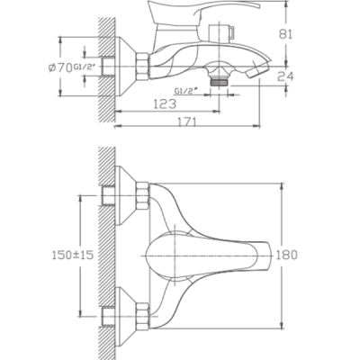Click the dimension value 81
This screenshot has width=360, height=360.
[285, 34]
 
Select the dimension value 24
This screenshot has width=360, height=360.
[285, 76]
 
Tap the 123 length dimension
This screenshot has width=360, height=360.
[165, 104]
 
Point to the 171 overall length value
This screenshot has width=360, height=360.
[186, 121]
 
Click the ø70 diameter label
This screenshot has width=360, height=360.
[60, 67]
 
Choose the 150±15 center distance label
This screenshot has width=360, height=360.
[73, 255]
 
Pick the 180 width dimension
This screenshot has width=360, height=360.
[286, 255]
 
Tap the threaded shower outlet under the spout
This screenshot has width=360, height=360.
[220, 82]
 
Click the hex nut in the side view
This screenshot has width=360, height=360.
[143, 67]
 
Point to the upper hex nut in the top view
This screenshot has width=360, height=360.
[143, 196]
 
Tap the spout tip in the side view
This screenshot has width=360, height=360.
[258, 68]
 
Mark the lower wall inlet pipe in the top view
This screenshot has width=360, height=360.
[108, 316]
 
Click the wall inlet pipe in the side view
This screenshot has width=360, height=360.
[108, 67]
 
